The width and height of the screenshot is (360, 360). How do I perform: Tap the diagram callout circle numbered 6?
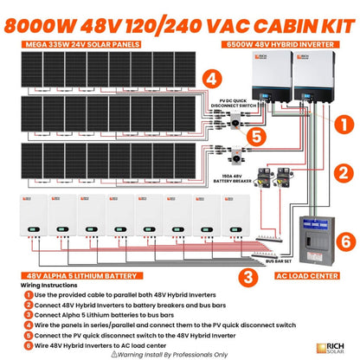click(341, 240)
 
